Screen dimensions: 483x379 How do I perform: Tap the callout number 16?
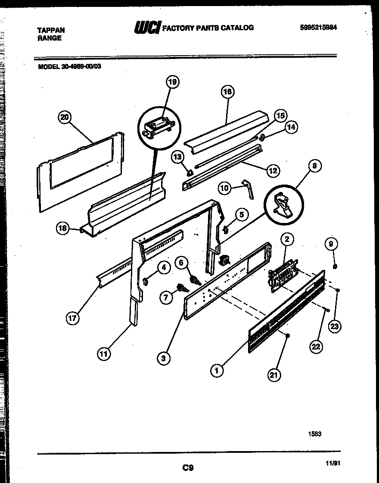(227, 92)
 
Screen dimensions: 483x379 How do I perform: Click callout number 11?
(103, 354)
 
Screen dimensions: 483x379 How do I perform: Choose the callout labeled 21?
(273, 374)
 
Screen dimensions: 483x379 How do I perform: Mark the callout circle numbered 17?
(73, 319)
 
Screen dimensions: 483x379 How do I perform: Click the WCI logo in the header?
(147, 28)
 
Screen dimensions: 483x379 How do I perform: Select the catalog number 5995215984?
(318, 27)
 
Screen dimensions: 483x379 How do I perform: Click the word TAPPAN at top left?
(51, 30)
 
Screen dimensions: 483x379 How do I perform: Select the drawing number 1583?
(314, 434)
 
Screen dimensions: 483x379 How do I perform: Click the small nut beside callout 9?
(335, 266)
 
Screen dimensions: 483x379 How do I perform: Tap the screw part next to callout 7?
(180, 287)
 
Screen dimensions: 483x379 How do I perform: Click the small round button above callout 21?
(288, 335)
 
